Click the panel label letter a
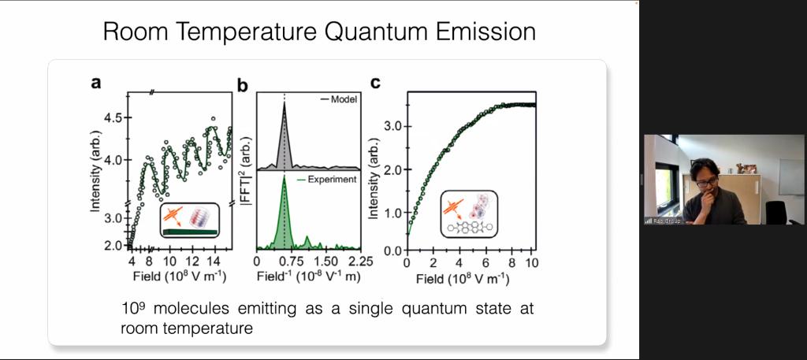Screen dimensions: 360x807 pos(96,82)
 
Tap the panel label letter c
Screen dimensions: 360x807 pos(376,81)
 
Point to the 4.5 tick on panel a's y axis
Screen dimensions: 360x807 pos(112,118)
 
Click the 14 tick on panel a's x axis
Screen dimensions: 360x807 pos(212,261)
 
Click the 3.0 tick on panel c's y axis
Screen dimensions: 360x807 pos(393,126)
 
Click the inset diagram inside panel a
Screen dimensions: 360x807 pos(190,220)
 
